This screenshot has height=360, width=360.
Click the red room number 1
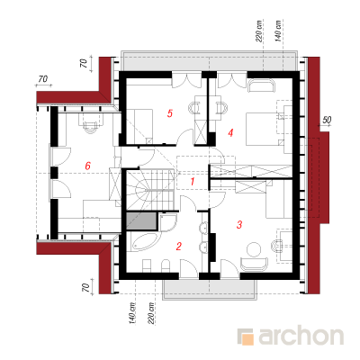[x=193, y=182]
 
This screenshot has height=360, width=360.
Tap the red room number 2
[x=179, y=247]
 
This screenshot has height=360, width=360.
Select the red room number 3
[x=239, y=224]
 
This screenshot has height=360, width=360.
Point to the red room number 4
[x=230, y=132]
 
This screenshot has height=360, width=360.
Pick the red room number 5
[x=170, y=113]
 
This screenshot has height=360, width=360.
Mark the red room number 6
[x=87, y=166]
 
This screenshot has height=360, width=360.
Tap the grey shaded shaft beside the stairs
[x=141, y=221]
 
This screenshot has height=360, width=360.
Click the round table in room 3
[x=254, y=249]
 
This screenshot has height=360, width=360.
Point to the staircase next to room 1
[x=150, y=189]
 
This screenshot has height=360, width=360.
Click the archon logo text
[x=301, y=337]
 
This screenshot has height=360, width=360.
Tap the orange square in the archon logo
[x=247, y=339]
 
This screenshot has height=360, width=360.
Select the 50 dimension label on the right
[x=327, y=121]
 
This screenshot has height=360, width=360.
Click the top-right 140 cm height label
[x=278, y=31]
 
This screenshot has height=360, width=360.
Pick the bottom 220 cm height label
[x=151, y=313]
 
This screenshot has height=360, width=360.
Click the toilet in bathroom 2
[x=166, y=265]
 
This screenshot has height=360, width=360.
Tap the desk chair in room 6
[x=90, y=127]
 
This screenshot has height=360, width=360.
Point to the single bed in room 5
[x=139, y=126]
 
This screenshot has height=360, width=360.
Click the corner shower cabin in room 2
[x=167, y=222]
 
